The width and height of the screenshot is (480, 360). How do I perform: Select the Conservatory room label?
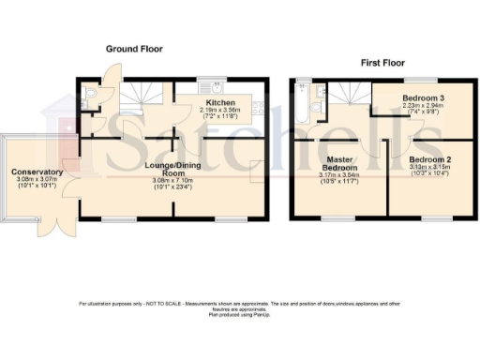coord(37,172)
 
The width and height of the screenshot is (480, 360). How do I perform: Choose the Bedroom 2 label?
coord(431,160)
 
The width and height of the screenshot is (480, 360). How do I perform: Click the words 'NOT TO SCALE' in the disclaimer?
coord(165,302)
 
